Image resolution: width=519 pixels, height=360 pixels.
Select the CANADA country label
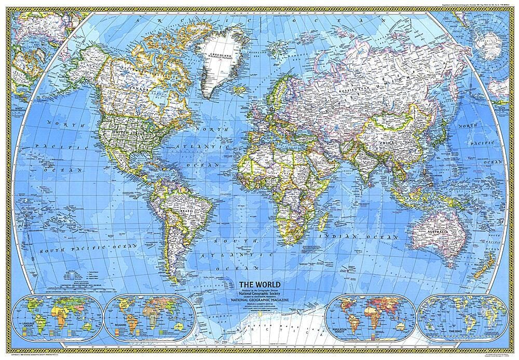(136, 91)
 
